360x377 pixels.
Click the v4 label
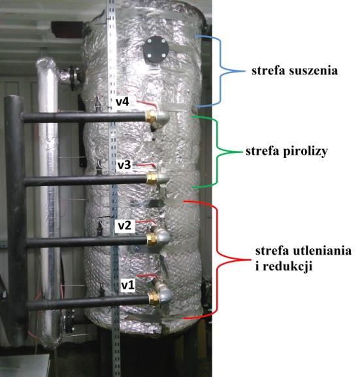point(122,102)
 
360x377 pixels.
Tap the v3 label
point(124,165)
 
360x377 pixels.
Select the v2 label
point(125,225)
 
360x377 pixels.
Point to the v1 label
point(127,286)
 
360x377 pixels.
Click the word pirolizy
point(305,152)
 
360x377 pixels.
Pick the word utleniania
point(322,250)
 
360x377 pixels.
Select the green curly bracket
point(218,152)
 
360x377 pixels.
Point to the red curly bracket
point(218,260)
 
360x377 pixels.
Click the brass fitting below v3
point(152,178)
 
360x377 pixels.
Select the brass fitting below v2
point(152,238)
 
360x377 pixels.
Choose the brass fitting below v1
point(154,298)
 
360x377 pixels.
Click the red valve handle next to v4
point(147,104)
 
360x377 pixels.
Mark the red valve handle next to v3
point(146,165)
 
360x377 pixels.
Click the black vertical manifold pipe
point(15,216)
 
